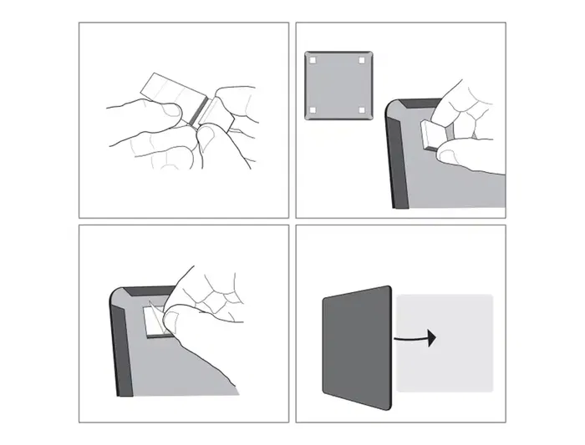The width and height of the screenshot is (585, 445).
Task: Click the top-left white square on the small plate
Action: click(312, 60)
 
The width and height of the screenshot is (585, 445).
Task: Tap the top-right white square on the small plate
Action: click(362, 60)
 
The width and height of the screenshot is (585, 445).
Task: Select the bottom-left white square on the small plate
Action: click(312, 110)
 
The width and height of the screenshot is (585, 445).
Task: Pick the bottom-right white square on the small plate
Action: click(362, 110)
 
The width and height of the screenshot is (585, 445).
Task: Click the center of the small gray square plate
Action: click(337, 85)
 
